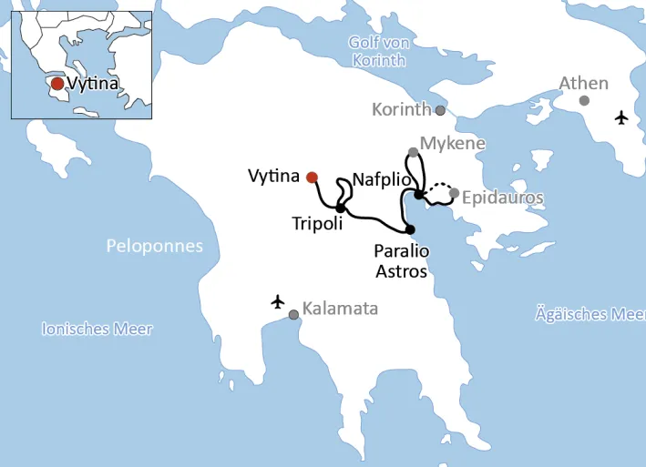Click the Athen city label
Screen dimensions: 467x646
(583, 84)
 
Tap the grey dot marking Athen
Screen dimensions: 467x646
(584, 100)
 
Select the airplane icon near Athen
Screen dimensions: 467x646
(622, 117)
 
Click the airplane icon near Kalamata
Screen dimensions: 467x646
(278, 301)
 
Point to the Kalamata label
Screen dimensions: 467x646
(340, 309)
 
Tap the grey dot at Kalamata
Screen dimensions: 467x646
(293, 315)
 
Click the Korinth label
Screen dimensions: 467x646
(402, 109)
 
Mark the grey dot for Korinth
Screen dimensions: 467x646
(440, 110)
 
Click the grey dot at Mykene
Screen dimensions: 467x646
(414, 152)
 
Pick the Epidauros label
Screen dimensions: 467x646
(503, 198)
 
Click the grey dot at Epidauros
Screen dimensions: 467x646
(454, 193)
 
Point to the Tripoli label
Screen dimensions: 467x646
(317, 223)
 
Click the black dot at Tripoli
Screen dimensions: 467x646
(340, 208)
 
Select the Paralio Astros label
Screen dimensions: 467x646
(401, 259)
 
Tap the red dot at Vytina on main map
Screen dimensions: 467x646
(312, 178)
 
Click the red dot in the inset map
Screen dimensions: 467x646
(57, 83)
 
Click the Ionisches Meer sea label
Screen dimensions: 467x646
(97, 329)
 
